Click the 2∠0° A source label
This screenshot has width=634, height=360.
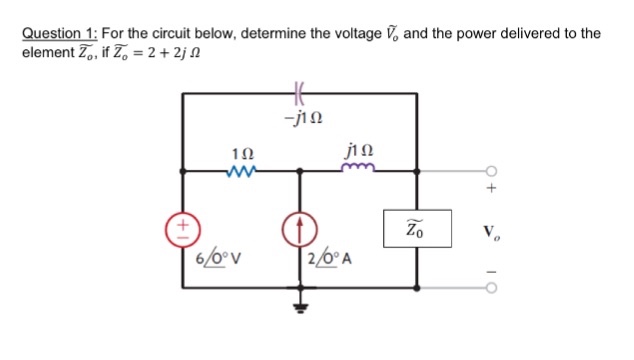point(334,262)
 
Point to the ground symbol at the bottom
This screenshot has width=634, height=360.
point(298,306)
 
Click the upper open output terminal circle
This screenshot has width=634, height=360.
point(490,170)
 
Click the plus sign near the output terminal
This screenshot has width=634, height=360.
point(490,188)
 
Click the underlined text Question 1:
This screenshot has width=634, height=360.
point(60,33)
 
